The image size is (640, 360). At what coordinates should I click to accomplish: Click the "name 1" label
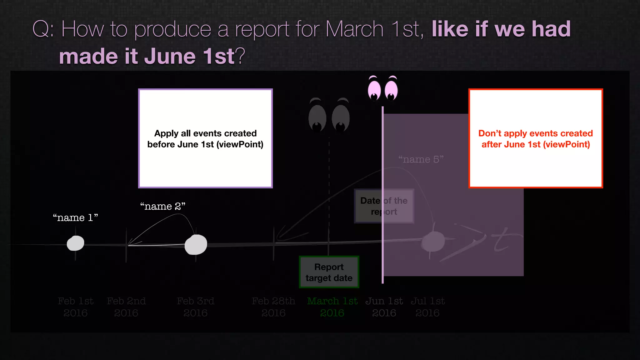[75, 217]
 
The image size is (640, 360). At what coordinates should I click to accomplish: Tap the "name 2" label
[162, 206]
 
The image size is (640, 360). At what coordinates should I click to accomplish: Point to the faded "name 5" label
[421, 159]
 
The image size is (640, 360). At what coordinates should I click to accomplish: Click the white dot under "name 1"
[76, 243]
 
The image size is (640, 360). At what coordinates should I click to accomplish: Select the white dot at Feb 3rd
[196, 245]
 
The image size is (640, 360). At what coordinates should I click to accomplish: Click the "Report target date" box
[329, 272]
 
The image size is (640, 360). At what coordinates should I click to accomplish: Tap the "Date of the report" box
[384, 206]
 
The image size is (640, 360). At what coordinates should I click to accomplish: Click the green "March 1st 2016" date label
[332, 307]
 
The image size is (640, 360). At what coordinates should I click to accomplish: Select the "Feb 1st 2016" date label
[76, 307]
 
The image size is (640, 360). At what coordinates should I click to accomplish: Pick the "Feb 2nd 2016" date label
[126, 307]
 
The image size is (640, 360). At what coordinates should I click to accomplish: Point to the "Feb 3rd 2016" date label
[196, 307]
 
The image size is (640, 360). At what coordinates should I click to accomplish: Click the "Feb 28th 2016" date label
[273, 307]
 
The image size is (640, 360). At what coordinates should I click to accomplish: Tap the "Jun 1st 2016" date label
[384, 307]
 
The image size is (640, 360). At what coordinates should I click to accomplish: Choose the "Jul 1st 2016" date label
[427, 307]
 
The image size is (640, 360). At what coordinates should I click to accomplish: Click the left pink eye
[374, 90]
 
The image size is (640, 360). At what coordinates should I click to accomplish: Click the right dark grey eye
[341, 118]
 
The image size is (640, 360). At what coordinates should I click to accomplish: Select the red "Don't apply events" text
[536, 139]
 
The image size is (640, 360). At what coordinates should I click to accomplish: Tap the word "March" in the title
[354, 29]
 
